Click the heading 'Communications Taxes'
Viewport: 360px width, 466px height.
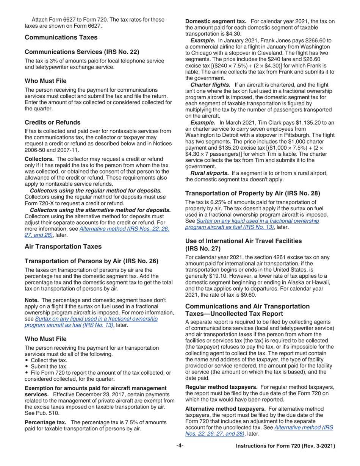click(x=61, y=38)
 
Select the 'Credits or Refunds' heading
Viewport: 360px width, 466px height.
click(x=52, y=122)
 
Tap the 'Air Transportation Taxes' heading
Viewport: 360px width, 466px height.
click(x=63, y=247)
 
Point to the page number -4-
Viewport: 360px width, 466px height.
click(x=180, y=446)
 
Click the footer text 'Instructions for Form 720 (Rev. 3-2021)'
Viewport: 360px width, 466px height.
click(x=285, y=446)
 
